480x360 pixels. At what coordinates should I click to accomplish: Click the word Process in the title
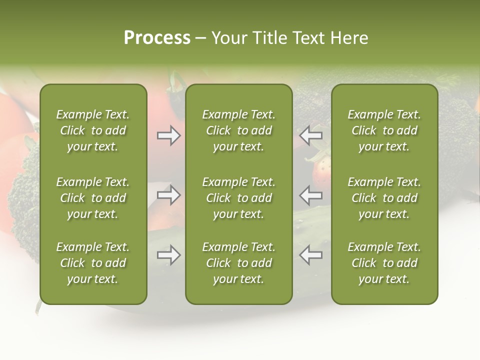pos(157,38)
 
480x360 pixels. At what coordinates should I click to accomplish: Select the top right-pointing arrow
pos(168,135)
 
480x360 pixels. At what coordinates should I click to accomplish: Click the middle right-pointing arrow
pos(168,194)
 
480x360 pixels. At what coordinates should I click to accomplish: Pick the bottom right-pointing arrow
pos(168,255)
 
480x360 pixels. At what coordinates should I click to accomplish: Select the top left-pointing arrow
pos(310,135)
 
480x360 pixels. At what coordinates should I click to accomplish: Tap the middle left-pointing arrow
pos(310,194)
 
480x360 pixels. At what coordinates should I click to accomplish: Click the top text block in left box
pos(93,130)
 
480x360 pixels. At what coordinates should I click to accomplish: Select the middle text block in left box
pos(93,198)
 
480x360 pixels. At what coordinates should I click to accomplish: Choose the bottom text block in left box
pos(93,263)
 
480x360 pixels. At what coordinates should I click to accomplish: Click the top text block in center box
pos(238,130)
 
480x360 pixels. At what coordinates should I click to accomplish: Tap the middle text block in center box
pos(238,198)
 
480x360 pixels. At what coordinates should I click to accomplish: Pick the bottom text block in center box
pos(238,263)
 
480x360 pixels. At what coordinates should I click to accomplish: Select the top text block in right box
pos(384,130)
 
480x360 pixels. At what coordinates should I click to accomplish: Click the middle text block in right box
pos(384,198)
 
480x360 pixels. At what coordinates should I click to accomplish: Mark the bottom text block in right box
pos(384,263)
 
